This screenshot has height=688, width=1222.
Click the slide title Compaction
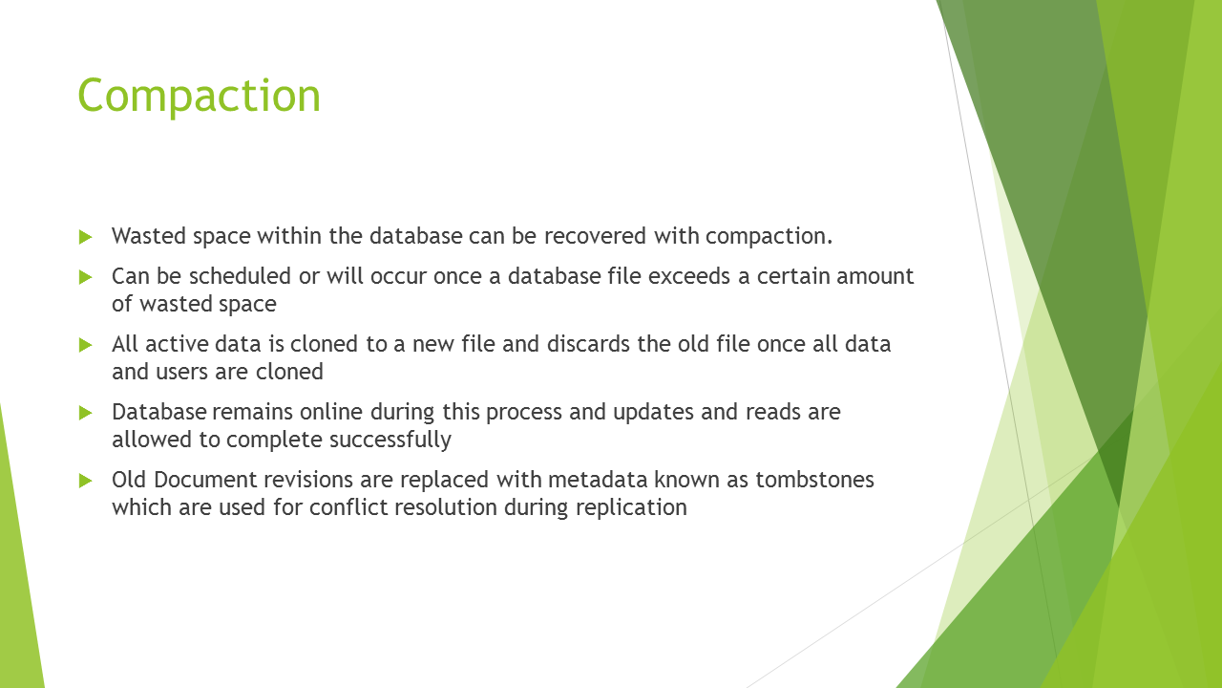coord(200,97)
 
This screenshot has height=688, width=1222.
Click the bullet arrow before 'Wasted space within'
coord(86,237)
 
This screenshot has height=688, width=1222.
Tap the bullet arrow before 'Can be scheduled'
coord(86,277)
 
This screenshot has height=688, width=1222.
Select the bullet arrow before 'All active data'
coord(86,345)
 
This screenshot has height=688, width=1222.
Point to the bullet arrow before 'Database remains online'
coord(86,413)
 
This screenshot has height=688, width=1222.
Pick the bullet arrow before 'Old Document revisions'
coord(86,481)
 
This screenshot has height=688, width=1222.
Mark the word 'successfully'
coord(390,441)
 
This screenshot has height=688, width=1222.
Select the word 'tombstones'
coord(814,480)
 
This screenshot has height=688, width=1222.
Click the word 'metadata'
coord(598,480)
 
